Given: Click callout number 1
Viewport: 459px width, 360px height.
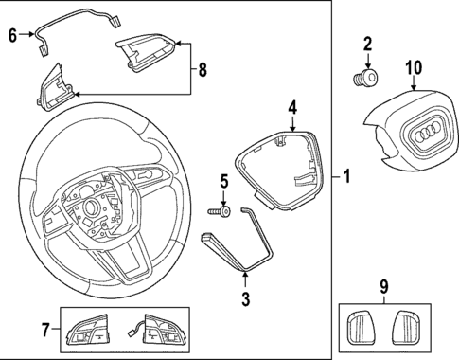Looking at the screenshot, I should point(347,176).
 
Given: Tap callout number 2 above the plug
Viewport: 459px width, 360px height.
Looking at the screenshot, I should point(367,44).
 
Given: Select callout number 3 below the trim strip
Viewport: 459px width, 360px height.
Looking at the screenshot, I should point(245,300).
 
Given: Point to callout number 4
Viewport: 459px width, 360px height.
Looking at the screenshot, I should point(293,108).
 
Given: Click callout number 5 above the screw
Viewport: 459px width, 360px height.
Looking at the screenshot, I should point(224,180).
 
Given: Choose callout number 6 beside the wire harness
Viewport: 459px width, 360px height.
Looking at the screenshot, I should point(12,36).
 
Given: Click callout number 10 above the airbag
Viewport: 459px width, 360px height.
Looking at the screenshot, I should point(414,67).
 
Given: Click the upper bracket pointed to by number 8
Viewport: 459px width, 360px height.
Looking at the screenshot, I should point(146,53).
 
